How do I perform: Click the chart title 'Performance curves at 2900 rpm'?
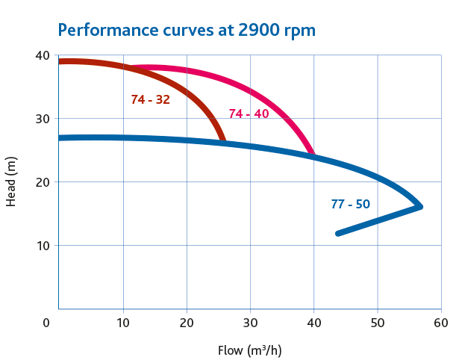[x=187, y=31]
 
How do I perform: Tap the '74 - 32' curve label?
[x=150, y=99]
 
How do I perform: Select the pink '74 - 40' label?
[x=249, y=114]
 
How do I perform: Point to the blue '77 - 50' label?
[x=350, y=204]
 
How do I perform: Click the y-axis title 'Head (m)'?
[x=10, y=182]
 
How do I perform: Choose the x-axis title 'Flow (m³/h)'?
[x=249, y=350]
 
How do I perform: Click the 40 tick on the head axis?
[x=42, y=56]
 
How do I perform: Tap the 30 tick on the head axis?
[x=42, y=119]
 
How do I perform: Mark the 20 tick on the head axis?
[x=42, y=182]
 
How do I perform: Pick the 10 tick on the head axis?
[x=42, y=246]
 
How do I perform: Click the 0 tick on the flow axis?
[x=46, y=323]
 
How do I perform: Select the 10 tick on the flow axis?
[x=123, y=323]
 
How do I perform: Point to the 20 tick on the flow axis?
[x=187, y=323]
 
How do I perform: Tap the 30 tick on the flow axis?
[x=251, y=323]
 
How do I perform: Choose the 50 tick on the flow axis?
[x=378, y=323]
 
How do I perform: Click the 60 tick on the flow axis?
[x=441, y=323]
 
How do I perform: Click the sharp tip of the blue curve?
[x=421, y=206]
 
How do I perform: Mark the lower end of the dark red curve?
[x=222, y=140]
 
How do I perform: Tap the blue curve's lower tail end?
[x=338, y=234]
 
